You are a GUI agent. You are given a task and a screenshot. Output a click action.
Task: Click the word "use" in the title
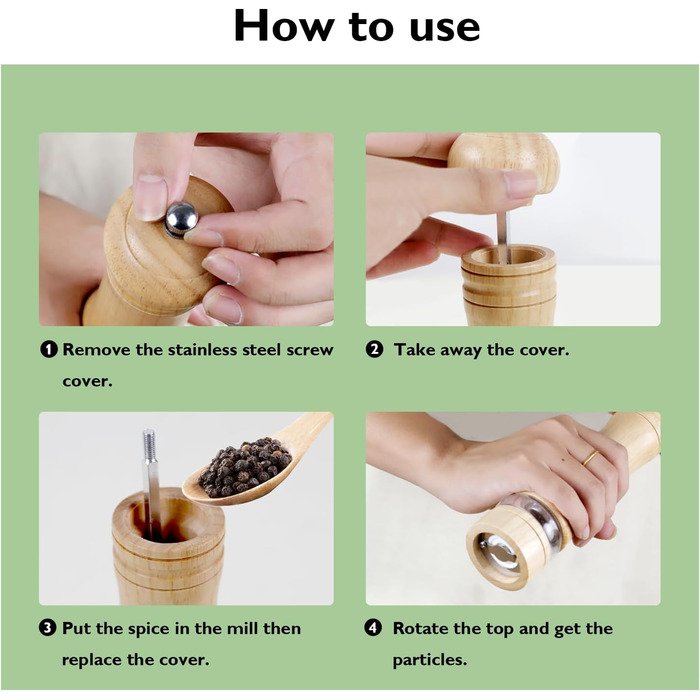[x=445, y=28]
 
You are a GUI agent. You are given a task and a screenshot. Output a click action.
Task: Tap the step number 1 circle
[x=49, y=349]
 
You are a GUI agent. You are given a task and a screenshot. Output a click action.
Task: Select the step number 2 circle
[x=374, y=349]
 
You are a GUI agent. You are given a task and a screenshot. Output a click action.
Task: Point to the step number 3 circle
[x=48, y=628]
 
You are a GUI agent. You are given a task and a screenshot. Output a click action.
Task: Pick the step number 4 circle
[x=373, y=628]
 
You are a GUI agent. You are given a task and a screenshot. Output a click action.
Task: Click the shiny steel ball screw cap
[x=181, y=219]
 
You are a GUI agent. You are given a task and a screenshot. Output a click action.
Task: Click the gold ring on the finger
[x=590, y=458]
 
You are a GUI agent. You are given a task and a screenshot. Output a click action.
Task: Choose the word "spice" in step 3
[x=150, y=629]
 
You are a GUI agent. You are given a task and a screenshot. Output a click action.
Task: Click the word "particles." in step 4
[x=429, y=660]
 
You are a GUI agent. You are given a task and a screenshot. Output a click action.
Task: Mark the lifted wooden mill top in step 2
[x=504, y=162]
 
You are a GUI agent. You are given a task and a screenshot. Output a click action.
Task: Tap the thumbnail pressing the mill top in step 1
[x=150, y=197]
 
